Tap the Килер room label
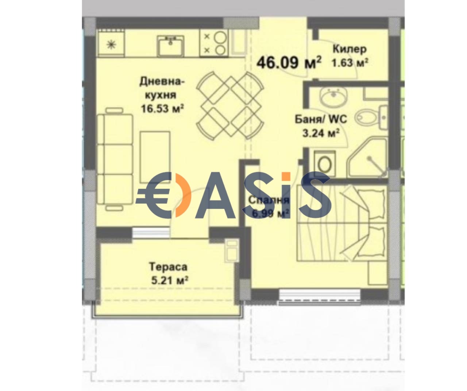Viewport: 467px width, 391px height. click(x=349, y=49)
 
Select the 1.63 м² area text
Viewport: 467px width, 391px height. click(x=349, y=63)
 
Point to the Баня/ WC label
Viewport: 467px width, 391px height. click(x=321, y=119)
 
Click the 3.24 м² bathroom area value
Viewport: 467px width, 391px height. click(x=321, y=133)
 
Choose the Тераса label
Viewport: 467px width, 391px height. click(x=168, y=267)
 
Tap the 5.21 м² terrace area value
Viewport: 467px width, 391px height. click(x=169, y=280)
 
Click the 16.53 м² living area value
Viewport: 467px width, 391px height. click(x=162, y=109)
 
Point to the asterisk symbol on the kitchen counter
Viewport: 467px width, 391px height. click(x=111, y=44)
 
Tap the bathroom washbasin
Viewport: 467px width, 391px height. click(x=333, y=97)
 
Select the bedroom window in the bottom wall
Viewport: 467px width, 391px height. click(x=319, y=294)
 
